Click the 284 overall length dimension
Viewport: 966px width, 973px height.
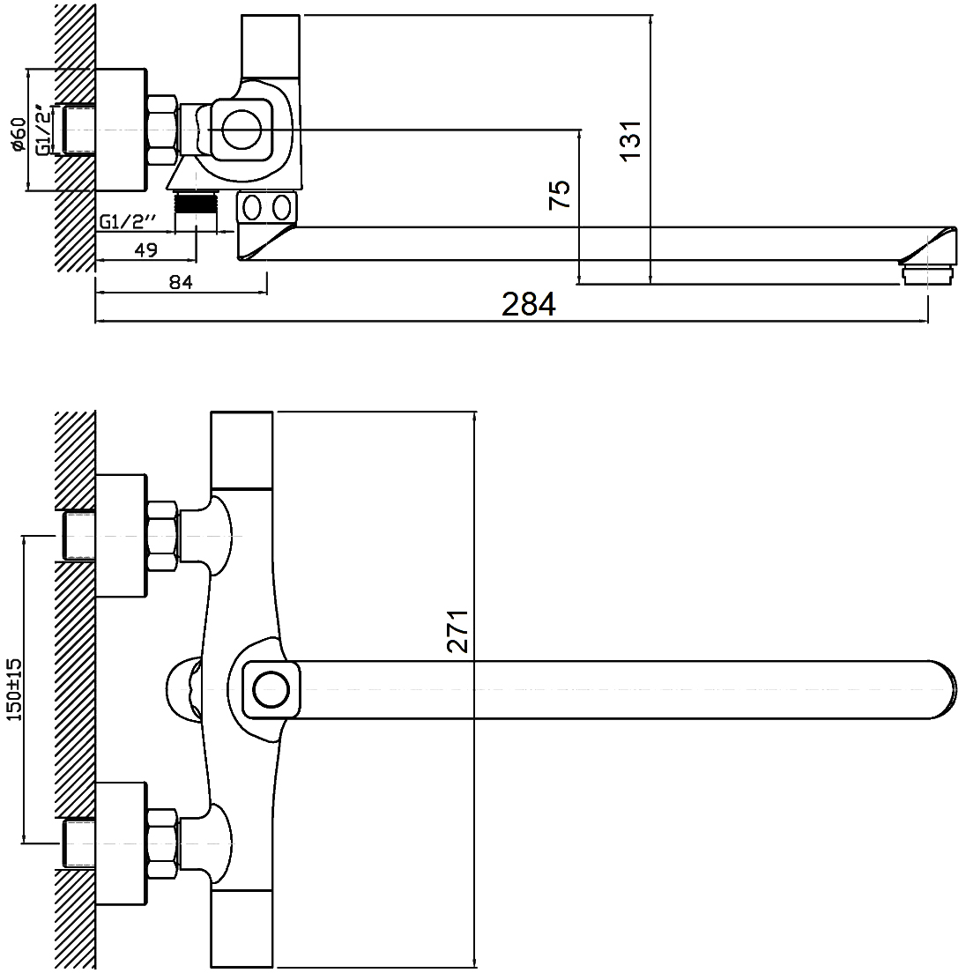click(x=529, y=304)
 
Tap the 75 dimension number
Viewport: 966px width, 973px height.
click(x=561, y=194)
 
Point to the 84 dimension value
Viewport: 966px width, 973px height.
click(x=180, y=282)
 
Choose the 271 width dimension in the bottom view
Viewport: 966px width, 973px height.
click(x=457, y=630)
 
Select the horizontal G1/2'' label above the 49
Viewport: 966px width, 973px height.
click(x=128, y=221)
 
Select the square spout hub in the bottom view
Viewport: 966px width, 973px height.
click(x=270, y=687)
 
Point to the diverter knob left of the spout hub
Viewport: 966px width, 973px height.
click(x=182, y=687)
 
